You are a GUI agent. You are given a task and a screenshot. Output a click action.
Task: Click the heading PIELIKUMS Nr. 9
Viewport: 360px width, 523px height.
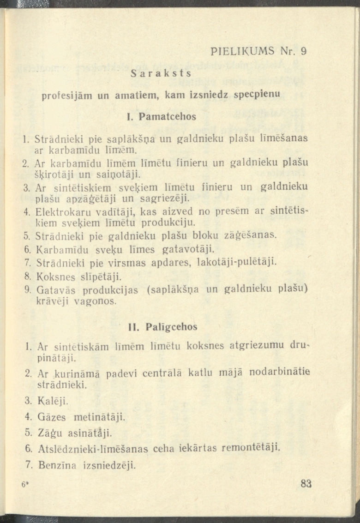pyautogui.click(x=258, y=51)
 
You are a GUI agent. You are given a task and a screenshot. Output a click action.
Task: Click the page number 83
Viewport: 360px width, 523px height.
pyautogui.click(x=306, y=483)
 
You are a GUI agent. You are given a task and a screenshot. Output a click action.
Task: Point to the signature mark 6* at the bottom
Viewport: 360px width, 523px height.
pyautogui.click(x=25, y=485)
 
